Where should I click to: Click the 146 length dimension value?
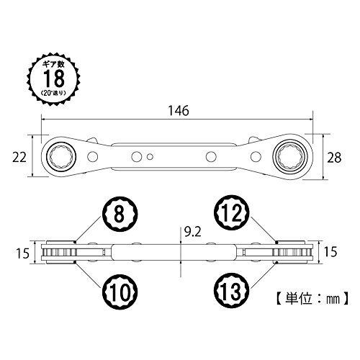click(179, 111)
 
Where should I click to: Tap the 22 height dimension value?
click(19, 158)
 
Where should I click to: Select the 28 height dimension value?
click(334, 158)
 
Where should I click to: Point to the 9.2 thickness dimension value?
click(193, 232)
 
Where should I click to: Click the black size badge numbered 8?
click(120, 214)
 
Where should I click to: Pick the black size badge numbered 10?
click(120, 292)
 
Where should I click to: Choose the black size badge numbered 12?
click(232, 212)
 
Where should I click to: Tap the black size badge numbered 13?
click(232, 291)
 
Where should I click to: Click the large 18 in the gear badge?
click(54, 78)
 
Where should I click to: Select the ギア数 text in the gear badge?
click(54, 65)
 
